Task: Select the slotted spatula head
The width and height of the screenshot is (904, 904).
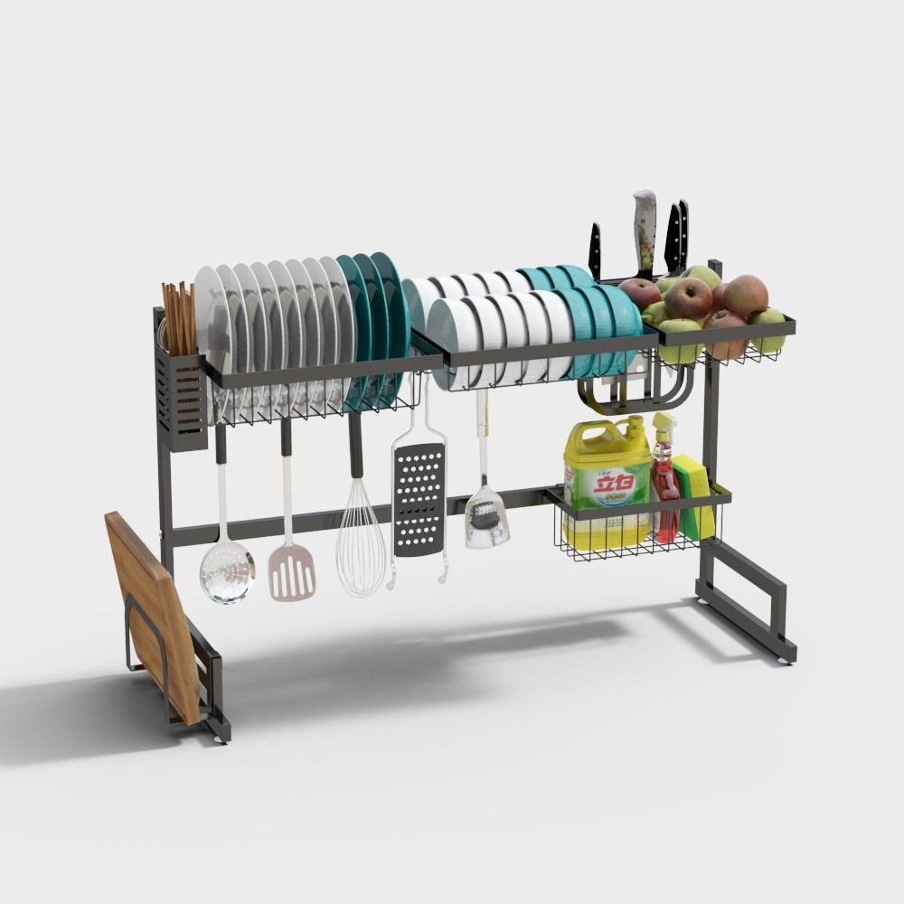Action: pos(292,571)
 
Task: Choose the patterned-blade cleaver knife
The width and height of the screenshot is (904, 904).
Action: pos(644,231)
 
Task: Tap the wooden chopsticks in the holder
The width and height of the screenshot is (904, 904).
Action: pos(179,316)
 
